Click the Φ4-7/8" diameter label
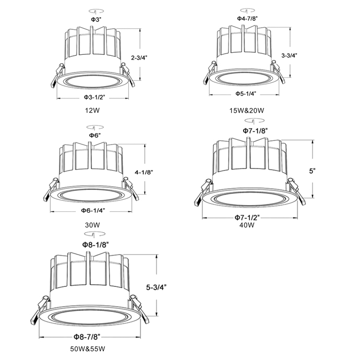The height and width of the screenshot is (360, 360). tap(247, 18)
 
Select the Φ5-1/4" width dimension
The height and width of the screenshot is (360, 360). tap(246, 93)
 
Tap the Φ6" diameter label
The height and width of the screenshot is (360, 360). tap(94, 135)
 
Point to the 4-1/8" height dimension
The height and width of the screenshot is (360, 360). tap(143, 172)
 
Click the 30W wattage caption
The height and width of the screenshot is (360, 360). tap(92, 224)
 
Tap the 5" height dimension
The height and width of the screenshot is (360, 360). tap(312, 171)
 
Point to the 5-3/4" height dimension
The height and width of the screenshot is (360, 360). tap(157, 287)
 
